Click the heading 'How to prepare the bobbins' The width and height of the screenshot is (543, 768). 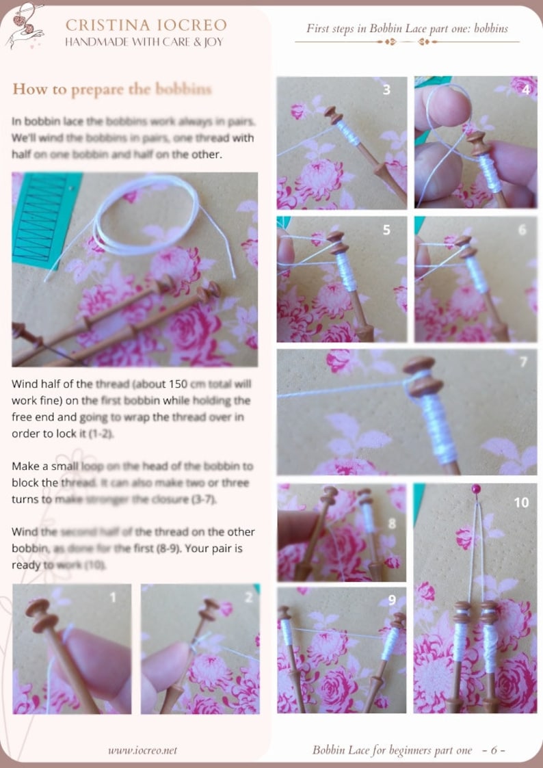click(111, 90)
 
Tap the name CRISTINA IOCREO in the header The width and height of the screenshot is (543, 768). click(146, 25)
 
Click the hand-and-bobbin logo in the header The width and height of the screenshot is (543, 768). click(25, 27)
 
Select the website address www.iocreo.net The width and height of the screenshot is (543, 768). click(142, 750)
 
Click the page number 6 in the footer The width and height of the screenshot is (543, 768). click(493, 750)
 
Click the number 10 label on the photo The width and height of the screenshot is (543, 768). click(520, 503)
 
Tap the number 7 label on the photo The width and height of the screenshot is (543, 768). click(524, 362)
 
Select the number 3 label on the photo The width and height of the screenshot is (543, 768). click(386, 90)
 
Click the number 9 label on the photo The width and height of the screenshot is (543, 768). click(391, 600)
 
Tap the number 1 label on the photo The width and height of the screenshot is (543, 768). click(113, 597)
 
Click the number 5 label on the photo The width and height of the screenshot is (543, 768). click(386, 230)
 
